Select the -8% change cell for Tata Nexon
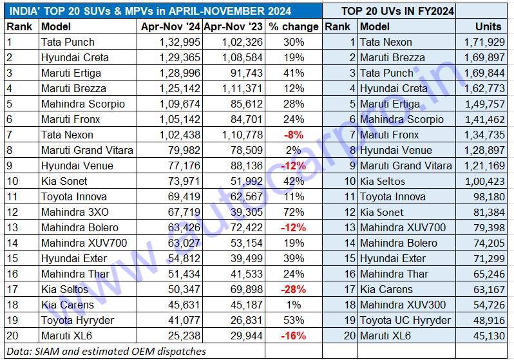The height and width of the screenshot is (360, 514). (293, 135)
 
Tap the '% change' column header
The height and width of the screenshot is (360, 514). (293, 26)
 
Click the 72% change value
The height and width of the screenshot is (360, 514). (293, 212)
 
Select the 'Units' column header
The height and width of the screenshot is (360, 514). (488, 26)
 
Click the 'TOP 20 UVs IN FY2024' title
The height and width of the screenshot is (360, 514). (397, 11)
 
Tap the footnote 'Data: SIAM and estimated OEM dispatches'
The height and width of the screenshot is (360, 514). (106, 351)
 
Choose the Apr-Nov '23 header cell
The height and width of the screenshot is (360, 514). (233, 26)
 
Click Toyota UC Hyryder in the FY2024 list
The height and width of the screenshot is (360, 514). (405, 320)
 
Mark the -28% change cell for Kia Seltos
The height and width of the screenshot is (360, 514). (293, 289)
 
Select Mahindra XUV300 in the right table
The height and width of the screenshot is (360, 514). (403, 305)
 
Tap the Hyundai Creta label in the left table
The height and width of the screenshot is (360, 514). (75, 57)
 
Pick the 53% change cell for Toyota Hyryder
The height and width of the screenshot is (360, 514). (293, 320)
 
